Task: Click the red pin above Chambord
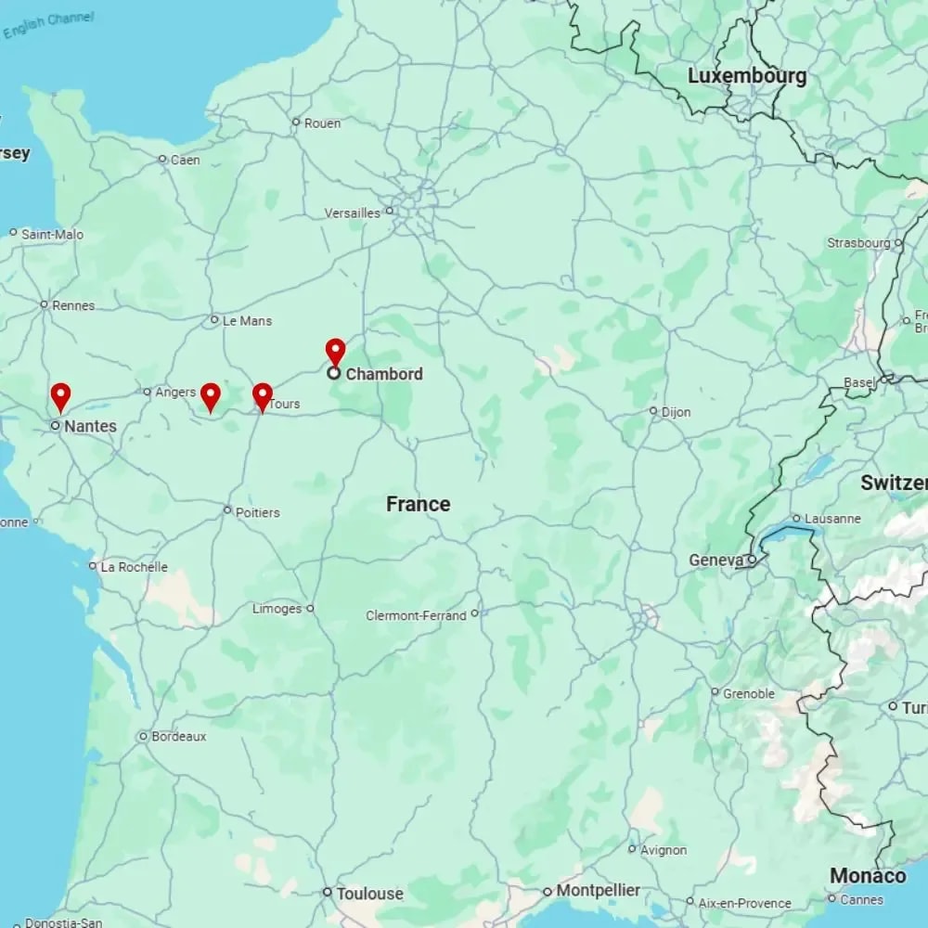(335, 351)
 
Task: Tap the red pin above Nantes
(60, 396)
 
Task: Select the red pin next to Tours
(263, 396)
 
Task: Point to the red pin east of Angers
(211, 396)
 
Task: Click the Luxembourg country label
(746, 76)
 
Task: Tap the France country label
(418, 504)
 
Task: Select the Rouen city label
(322, 122)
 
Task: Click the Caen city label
(185, 160)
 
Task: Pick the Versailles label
(353, 213)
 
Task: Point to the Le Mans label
(248, 320)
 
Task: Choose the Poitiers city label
(258, 511)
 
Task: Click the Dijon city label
(676, 411)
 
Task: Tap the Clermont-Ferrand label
(416, 615)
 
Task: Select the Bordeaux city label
(178, 737)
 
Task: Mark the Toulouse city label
(369, 894)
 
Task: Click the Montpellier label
(598, 891)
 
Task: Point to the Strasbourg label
(858, 243)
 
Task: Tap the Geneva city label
(715, 561)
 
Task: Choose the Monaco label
(868, 876)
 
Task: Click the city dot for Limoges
(311, 609)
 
